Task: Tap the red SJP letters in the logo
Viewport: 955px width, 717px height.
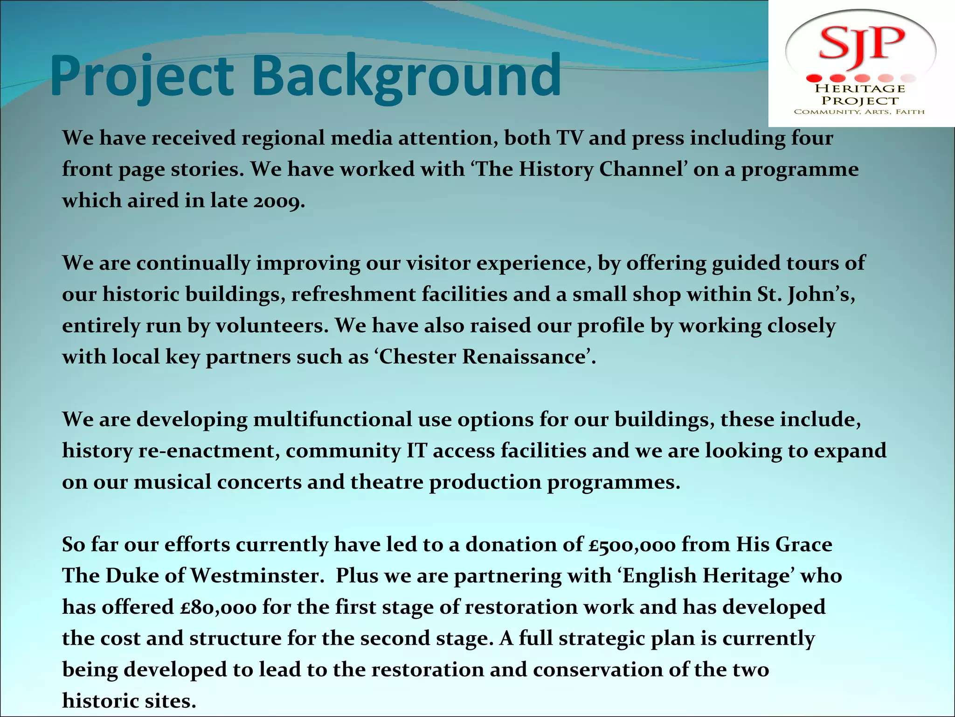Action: point(861,43)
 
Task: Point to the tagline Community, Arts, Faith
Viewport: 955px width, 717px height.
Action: point(859,112)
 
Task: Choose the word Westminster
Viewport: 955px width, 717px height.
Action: point(257,576)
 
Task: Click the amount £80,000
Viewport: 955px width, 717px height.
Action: point(218,607)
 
